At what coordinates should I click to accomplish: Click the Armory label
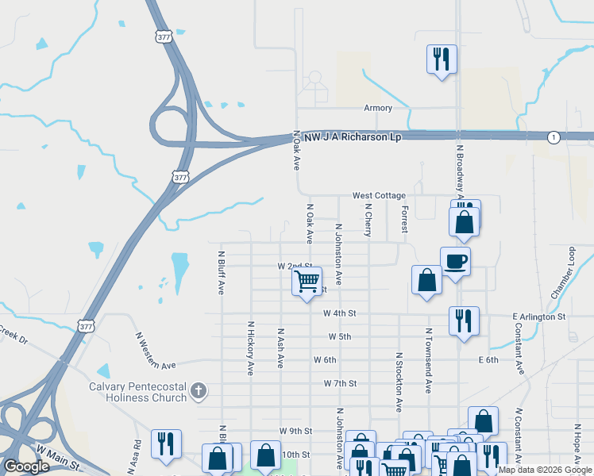coord(378,108)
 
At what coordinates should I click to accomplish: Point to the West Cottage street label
coord(379,195)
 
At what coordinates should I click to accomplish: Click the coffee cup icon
coord(456,261)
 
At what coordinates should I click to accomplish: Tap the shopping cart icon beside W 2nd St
coord(307,281)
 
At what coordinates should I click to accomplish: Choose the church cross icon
coord(199,390)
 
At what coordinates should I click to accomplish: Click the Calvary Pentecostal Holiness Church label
coord(137,392)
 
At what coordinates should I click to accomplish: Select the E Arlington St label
coord(538,316)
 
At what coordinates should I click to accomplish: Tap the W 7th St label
coord(340,383)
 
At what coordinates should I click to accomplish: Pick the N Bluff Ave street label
coord(222,273)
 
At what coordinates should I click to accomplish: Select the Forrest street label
coord(405,218)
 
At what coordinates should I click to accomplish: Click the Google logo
coord(26,466)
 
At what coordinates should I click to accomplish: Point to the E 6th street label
coord(488,359)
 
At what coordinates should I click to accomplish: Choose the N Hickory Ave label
coord(250,347)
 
